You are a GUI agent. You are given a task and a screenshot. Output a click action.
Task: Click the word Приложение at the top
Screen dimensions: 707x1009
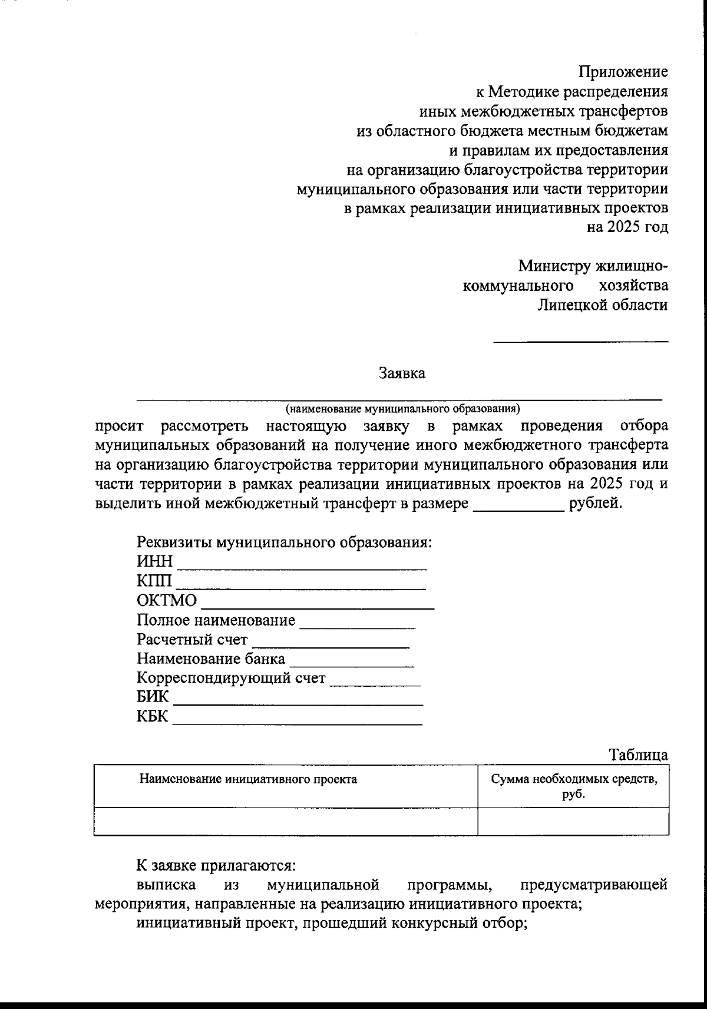click(x=623, y=72)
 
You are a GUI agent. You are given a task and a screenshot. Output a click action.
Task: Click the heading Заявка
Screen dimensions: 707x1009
click(x=402, y=373)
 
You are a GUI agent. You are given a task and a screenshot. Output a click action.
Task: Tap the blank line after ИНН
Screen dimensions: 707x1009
click(x=302, y=568)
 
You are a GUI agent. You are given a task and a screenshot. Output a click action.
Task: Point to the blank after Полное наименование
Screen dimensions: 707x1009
click(x=358, y=626)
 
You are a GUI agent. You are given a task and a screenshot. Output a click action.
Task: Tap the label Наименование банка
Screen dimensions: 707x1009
click(x=210, y=659)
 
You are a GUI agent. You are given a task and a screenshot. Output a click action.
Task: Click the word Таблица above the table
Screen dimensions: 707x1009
click(x=639, y=755)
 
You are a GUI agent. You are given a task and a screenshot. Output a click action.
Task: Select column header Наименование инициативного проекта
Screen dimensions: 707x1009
click(x=248, y=780)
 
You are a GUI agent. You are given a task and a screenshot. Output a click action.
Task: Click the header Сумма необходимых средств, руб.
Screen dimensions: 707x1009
click(x=573, y=786)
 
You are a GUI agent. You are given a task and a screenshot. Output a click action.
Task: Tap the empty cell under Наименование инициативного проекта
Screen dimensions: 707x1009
click(x=285, y=821)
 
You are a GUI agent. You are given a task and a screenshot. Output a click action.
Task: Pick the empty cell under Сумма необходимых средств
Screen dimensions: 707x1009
click(x=573, y=821)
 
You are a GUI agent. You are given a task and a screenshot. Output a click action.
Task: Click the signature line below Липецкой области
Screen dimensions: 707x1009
click(x=580, y=340)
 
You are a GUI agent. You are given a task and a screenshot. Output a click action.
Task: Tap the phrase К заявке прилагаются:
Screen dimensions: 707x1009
click(x=216, y=866)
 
